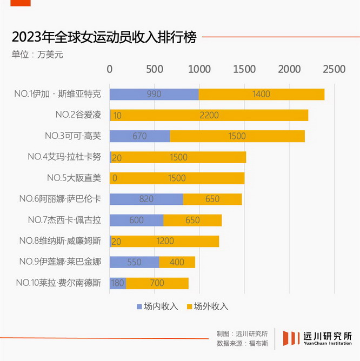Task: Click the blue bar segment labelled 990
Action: tap(154, 94)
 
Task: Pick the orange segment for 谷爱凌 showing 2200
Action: tap(209, 115)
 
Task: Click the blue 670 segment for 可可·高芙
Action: tap(139, 136)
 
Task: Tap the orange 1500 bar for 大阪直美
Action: tap(177, 178)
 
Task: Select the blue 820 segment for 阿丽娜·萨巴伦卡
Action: tap(146, 199)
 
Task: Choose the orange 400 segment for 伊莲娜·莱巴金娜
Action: tap(177, 262)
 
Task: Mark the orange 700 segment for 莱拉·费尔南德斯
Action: tap(157, 283)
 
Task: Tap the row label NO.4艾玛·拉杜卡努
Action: tap(64, 157)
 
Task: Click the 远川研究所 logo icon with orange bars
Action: tap(291, 338)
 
